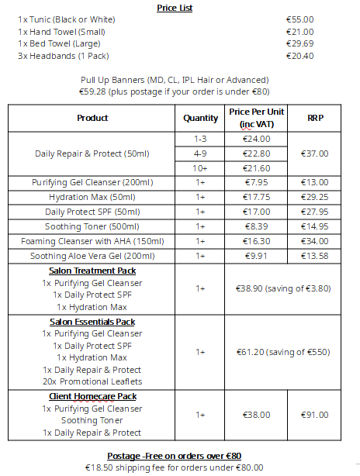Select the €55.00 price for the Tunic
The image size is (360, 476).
point(299,19)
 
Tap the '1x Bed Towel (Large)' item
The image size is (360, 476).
point(61,44)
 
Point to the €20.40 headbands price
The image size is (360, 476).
point(299,57)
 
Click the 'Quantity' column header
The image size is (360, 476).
point(200,119)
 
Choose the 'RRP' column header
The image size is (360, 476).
point(315,119)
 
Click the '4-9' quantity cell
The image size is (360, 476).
point(200,153)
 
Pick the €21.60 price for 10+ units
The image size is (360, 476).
point(256,168)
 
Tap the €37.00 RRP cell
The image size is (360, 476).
point(315,153)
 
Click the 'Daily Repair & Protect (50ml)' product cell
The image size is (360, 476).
point(92,153)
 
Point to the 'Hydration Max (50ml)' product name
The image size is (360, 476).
point(92,198)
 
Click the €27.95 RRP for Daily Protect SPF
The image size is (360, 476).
point(315,212)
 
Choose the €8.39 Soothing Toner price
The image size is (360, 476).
point(256,226)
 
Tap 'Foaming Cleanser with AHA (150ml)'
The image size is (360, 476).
point(92,241)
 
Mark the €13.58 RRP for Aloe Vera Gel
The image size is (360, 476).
point(315,256)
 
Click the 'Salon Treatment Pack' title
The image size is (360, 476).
point(92,271)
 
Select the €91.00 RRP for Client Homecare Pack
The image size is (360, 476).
point(315,415)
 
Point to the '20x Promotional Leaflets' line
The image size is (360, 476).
point(92,381)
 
